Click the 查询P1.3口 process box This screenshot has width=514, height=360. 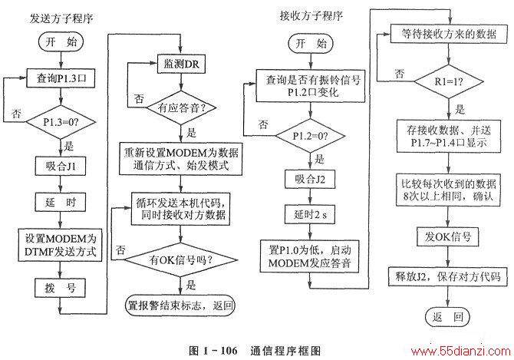pyautogui.click(x=61, y=78)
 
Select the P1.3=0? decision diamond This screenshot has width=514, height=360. pyautogui.click(x=61, y=122)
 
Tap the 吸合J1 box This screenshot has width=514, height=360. pyautogui.click(x=61, y=167)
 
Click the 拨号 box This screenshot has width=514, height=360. pyautogui.click(x=61, y=288)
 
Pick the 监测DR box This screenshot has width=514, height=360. pyautogui.click(x=182, y=64)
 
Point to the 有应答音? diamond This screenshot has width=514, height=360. pyautogui.click(x=181, y=108)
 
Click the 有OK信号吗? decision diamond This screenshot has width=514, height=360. pyautogui.click(x=180, y=260)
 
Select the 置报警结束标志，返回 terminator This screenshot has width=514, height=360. pyautogui.click(x=180, y=306)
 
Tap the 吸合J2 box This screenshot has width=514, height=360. pyautogui.click(x=310, y=179)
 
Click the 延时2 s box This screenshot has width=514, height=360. pyautogui.click(x=310, y=214)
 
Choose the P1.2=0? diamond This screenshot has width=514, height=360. pyautogui.click(x=311, y=136)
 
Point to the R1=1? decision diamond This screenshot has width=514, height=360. pyautogui.click(x=449, y=81)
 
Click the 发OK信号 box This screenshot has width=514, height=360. pyautogui.click(x=448, y=236)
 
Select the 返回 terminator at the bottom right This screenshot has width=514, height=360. pyautogui.click(x=447, y=317)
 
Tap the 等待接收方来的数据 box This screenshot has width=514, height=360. pyautogui.click(x=449, y=34)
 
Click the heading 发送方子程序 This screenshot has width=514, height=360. pyautogui.click(x=61, y=18)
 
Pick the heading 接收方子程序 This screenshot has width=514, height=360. pyautogui.click(x=311, y=15)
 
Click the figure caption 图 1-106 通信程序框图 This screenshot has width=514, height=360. pyautogui.click(x=255, y=351)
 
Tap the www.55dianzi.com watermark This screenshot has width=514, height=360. pyautogui.click(x=460, y=352)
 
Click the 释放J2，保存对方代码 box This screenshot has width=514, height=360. pyautogui.click(x=448, y=277)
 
